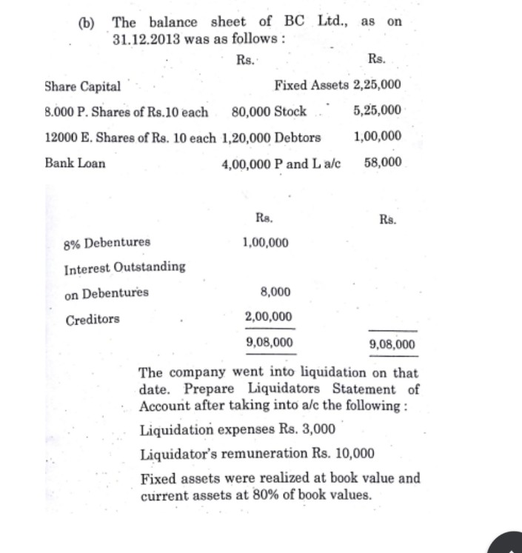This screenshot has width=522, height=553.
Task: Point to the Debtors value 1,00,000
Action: [x=378, y=136]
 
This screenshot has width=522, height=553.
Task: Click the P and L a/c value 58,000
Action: [x=384, y=162]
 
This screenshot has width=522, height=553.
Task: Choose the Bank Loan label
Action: [x=75, y=163]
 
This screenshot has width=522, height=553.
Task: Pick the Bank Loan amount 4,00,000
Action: [x=246, y=164]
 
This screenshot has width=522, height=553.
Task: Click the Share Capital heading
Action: [x=83, y=86]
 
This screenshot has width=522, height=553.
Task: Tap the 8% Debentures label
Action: [x=107, y=242]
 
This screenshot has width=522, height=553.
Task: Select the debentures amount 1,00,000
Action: [x=266, y=242]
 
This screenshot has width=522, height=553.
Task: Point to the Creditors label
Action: [x=93, y=320]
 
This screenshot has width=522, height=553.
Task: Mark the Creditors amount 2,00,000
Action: [x=268, y=317]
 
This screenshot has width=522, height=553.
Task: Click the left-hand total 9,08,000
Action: [x=268, y=342]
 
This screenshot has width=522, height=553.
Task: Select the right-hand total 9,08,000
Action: [x=392, y=344]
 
